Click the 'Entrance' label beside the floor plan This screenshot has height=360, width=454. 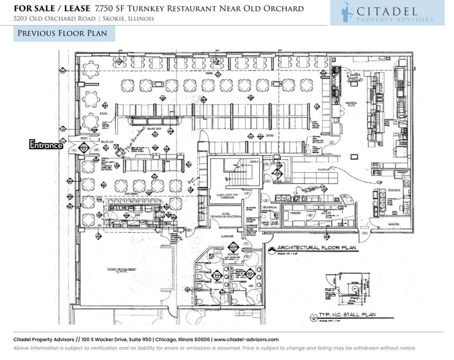(x=47, y=145)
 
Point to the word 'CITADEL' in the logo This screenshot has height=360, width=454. (x=401, y=10)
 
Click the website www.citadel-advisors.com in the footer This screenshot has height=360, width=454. (x=246, y=339)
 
